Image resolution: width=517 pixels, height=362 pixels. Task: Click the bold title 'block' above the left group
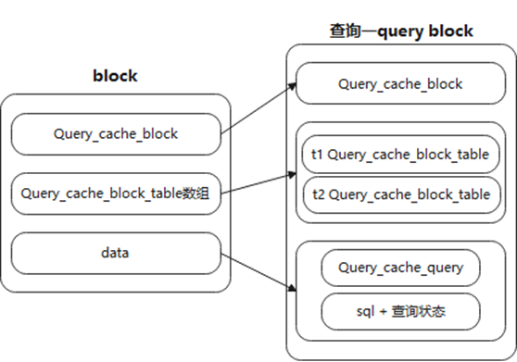115,76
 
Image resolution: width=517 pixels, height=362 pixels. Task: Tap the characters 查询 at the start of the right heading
345,31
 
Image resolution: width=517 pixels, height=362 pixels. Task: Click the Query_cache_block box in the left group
115,135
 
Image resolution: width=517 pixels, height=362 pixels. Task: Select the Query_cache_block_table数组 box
115,193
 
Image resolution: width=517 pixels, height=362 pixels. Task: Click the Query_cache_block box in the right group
400,84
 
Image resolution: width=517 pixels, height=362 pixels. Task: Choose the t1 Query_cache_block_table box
400,154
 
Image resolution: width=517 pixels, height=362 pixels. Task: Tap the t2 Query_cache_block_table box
400,194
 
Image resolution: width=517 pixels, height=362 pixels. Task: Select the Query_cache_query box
400,268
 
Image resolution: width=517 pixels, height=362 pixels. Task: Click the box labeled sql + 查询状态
400,310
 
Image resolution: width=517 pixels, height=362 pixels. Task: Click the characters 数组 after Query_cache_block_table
195,193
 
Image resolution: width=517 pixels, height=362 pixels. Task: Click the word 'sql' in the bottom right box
365,310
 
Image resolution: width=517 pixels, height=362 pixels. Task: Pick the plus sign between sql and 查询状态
385,310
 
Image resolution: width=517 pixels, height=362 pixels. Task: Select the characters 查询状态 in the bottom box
419,310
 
